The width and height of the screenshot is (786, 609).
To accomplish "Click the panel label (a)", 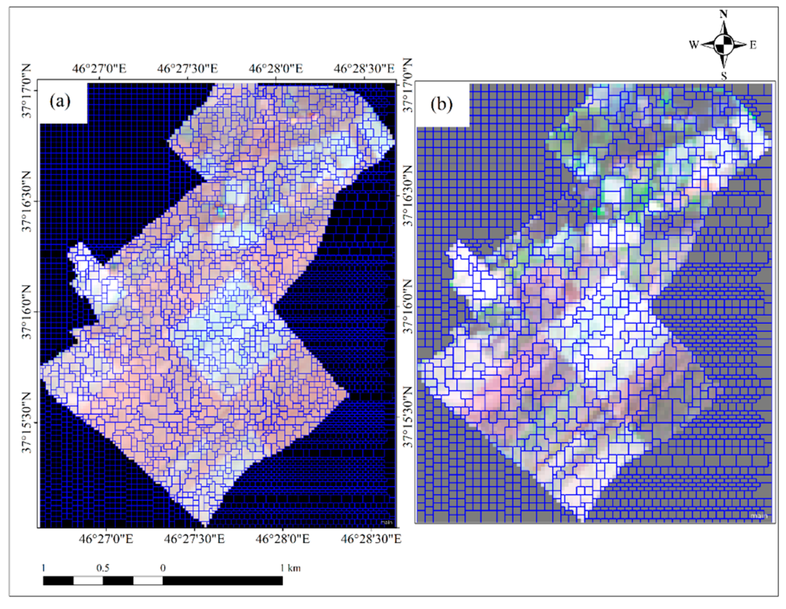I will tap(60, 102).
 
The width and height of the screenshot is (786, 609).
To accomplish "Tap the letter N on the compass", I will tap(724, 14).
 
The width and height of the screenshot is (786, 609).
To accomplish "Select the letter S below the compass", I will tap(724, 76).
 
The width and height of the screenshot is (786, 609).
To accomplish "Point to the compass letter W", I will tap(694, 45).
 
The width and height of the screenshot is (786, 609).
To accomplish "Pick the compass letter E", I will tap(753, 45).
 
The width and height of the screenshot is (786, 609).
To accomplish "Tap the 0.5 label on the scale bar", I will tap(103, 568).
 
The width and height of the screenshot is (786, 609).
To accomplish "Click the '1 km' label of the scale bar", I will tap(290, 568).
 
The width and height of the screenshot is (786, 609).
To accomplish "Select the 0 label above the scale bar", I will tap(163, 568).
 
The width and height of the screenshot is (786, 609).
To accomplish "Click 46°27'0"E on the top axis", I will tap(99, 68).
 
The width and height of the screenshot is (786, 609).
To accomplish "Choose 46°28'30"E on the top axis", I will tap(364, 68).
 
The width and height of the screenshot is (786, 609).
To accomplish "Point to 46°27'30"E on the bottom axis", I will tap(194, 539).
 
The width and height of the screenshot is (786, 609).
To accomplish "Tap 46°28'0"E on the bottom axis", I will tap(283, 539).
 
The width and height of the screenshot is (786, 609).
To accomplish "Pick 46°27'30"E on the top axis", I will tap(187, 68).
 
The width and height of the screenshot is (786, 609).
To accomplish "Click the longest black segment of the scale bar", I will tap(222, 581).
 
